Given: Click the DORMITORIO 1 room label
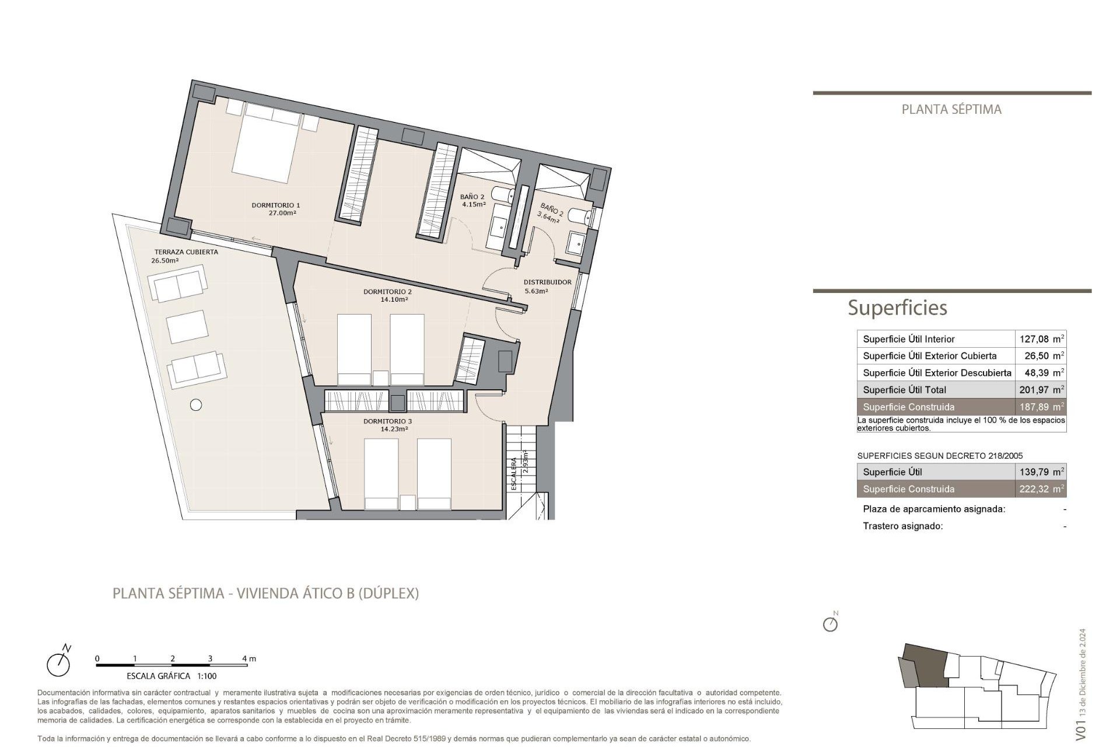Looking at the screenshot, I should point(275,205).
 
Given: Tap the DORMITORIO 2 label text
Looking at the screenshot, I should point(387,292).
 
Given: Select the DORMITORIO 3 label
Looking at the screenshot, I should point(387,421).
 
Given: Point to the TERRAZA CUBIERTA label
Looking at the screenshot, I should point(186,252).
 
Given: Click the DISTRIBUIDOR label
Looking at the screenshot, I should point(547,282).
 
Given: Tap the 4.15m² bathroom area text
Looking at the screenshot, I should point(474,205).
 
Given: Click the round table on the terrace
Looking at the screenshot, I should point(196,404).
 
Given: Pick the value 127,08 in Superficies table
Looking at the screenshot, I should point(1034,339).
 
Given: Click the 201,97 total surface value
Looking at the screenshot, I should point(1034,390).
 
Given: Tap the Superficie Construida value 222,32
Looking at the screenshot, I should point(1034,489).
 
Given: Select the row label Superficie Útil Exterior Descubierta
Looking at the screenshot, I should point(937,373).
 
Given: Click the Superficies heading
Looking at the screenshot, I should point(897,308).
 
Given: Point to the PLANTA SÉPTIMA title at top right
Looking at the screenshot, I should point(951,110).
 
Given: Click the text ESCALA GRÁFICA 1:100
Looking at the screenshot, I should point(171,676).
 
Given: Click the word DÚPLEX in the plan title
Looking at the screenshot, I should point(388,594).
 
